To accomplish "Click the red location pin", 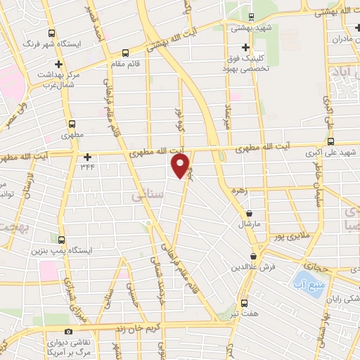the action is pyautogui.click(x=181, y=166).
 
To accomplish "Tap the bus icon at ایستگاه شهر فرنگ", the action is pyautogui.click(x=53, y=33).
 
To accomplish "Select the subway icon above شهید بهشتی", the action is pyautogui.click(x=253, y=17).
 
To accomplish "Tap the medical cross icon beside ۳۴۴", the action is pyautogui.click(x=87, y=157).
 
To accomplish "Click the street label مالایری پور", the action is pyautogui.click(x=288, y=237).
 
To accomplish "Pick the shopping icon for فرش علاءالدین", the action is pyautogui.click(x=253, y=257).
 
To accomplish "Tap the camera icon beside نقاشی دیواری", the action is pyautogui.click(x=68, y=332).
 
